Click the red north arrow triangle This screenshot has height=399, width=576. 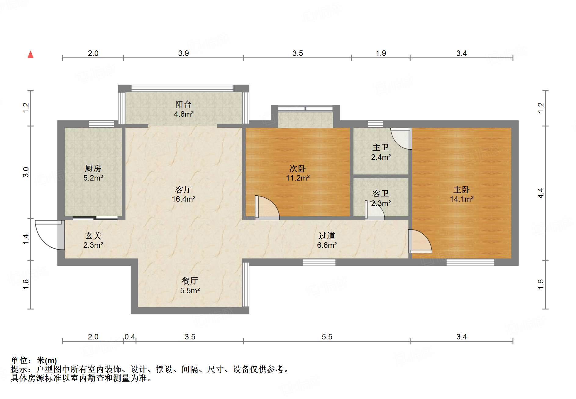click(x=31, y=55)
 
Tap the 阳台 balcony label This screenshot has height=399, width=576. click(x=183, y=104)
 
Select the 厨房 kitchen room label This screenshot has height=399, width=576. click(x=93, y=168)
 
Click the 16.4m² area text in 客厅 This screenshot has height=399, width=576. click(x=183, y=199)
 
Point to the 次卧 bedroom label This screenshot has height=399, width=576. click(x=298, y=168)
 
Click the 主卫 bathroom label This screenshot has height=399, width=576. click(x=381, y=148)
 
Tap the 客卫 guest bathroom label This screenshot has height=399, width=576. click(x=381, y=194)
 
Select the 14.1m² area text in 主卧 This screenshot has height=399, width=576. click(x=462, y=199)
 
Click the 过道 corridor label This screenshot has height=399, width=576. click(x=327, y=236)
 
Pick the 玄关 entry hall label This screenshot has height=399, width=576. click(x=93, y=236)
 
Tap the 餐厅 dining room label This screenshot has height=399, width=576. click(x=190, y=281)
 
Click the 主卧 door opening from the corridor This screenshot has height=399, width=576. click(x=420, y=241)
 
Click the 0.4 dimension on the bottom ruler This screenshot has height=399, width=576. click(x=130, y=337)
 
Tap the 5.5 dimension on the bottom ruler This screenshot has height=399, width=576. click(x=327, y=337)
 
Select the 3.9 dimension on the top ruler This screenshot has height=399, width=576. click(x=183, y=53)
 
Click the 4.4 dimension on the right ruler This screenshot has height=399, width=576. click(x=541, y=193)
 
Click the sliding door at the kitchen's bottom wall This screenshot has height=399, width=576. click(x=95, y=218)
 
